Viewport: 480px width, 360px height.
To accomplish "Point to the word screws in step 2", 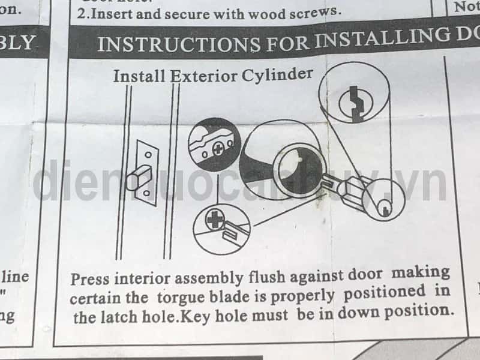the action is (312, 10).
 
